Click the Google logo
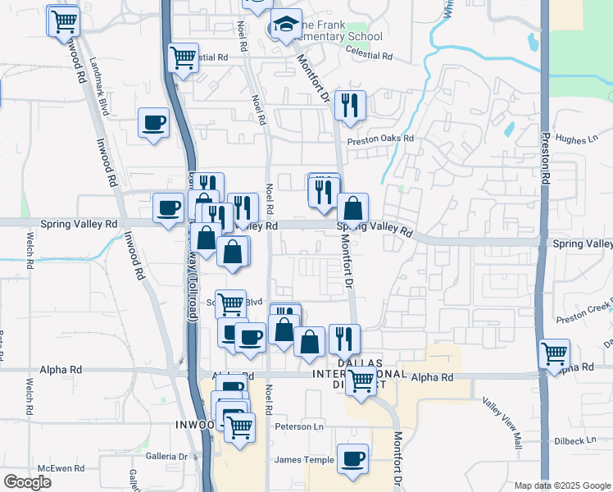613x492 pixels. [x=27, y=482]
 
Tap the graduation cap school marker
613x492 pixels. [x=287, y=25]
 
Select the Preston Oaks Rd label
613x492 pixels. [x=380, y=139]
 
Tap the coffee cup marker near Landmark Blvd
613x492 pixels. [x=153, y=123]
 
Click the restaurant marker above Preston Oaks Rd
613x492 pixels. [x=349, y=104]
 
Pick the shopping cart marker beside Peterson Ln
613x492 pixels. [x=239, y=426]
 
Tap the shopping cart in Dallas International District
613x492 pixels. [x=360, y=381]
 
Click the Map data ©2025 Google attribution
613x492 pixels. [x=561, y=485]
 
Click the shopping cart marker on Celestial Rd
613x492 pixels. [x=183, y=57]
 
